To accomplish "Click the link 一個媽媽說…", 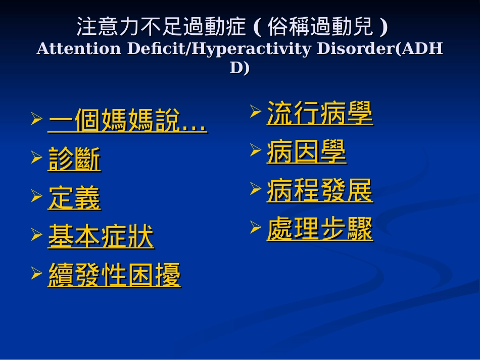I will click(x=127, y=122).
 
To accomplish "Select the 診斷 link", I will click(x=74, y=160).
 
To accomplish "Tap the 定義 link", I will click(x=74, y=198).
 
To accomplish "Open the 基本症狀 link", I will click(x=101, y=237).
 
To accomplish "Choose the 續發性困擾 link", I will click(x=114, y=276).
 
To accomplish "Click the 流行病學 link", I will click(x=319, y=113).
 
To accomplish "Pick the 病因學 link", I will click(x=306, y=152).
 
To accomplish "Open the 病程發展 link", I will click(x=319, y=191).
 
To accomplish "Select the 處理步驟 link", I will click(x=319, y=230).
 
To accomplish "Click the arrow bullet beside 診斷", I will click(x=36, y=158).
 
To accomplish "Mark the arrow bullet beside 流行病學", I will click(x=255, y=110).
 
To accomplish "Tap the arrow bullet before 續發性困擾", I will click(x=36, y=273).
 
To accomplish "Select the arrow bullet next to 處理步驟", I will click(x=255, y=227).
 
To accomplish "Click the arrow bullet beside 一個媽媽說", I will click(x=36, y=119).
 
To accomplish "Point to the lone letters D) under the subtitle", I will click(x=239, y=68).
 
